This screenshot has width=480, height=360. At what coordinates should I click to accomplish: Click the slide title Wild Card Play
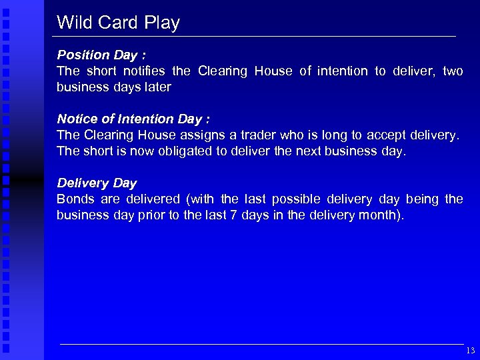(x=118, y=23)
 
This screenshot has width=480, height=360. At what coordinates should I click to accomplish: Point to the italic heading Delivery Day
(x=97, y=183)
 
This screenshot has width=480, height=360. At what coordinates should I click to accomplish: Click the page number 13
(x=471, y=351)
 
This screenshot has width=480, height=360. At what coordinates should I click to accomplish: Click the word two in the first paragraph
(x=453, y=71)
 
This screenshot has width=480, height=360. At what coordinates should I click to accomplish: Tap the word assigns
(x=199, y=135)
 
